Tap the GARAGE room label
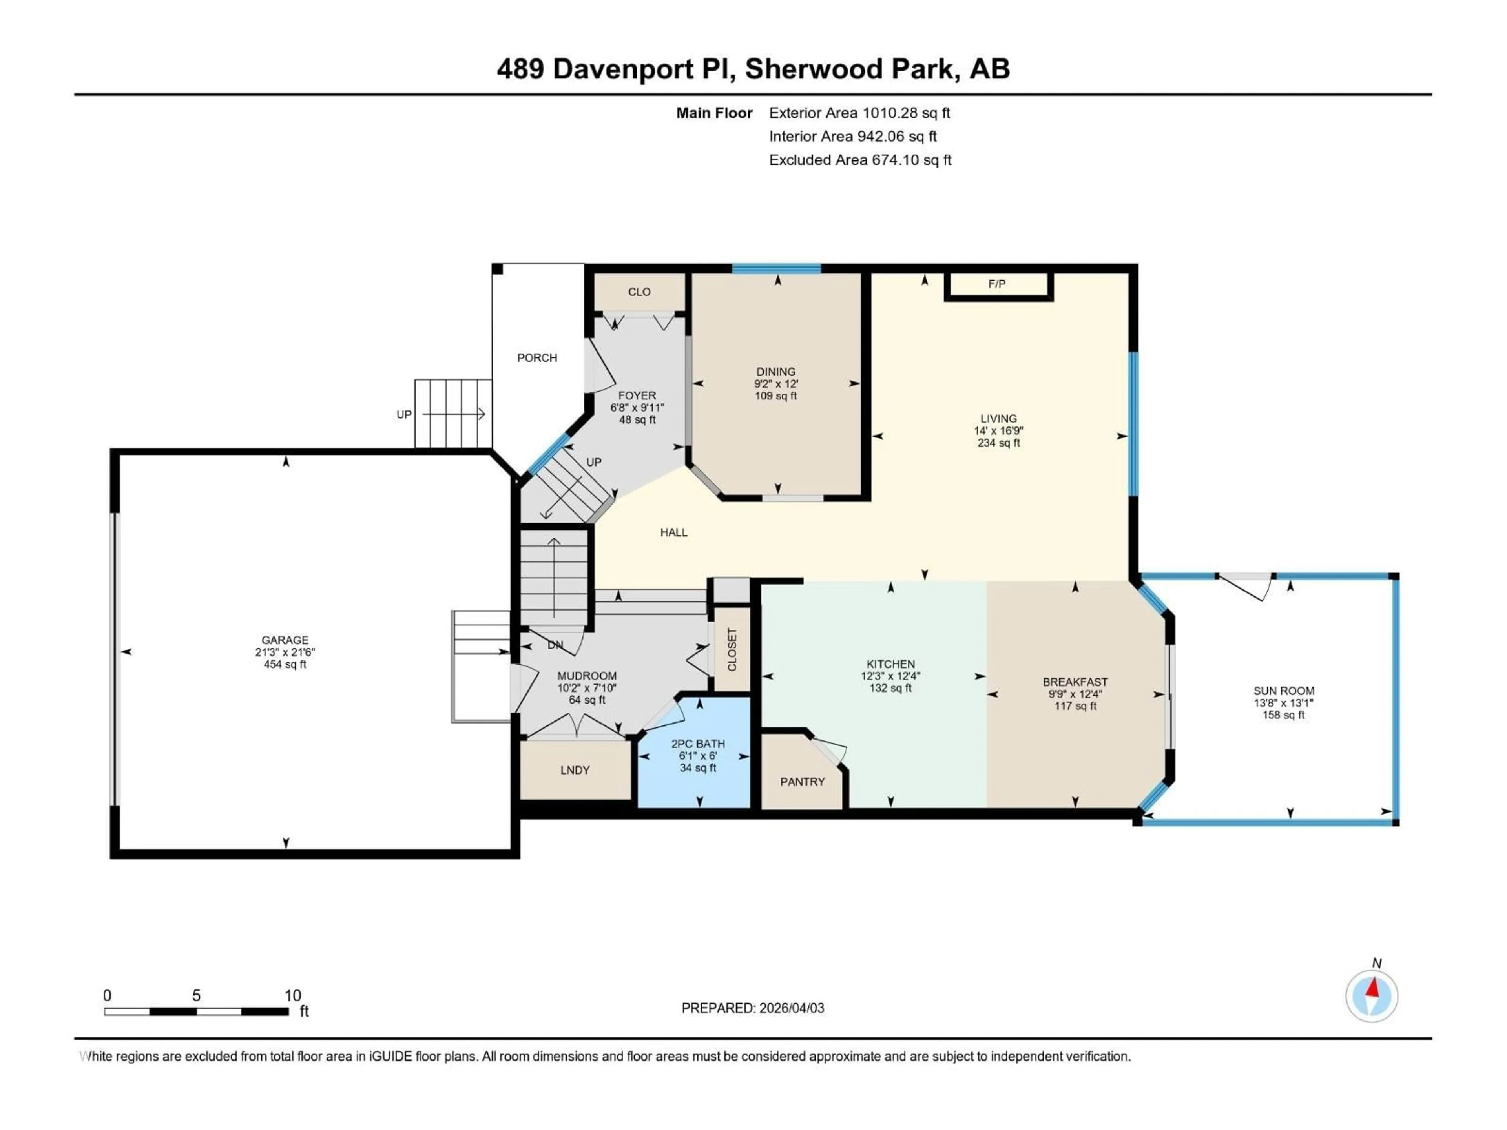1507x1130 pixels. [x=285, y=640]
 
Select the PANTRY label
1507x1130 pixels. [x=802, y=782]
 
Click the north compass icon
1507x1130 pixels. [x=1372, y=997]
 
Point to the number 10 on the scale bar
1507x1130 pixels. [x=292, y=996]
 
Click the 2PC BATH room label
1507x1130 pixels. [x=698, y=744]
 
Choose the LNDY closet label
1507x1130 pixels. [x=574, y=770]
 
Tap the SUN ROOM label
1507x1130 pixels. [x=1284, y=691]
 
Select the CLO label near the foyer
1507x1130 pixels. [x=639, y=292]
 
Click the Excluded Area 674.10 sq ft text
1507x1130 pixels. [x=860, y=160]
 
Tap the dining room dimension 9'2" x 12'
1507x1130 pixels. [x=776, y=384]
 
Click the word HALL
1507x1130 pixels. [x=674, y=533]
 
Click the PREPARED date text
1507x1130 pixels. [x=753, y=1008]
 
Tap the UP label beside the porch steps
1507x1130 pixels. [x=404, y=415]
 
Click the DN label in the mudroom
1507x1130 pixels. [x=555, y=645]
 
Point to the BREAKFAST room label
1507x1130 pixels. [x=1075, y=682]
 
